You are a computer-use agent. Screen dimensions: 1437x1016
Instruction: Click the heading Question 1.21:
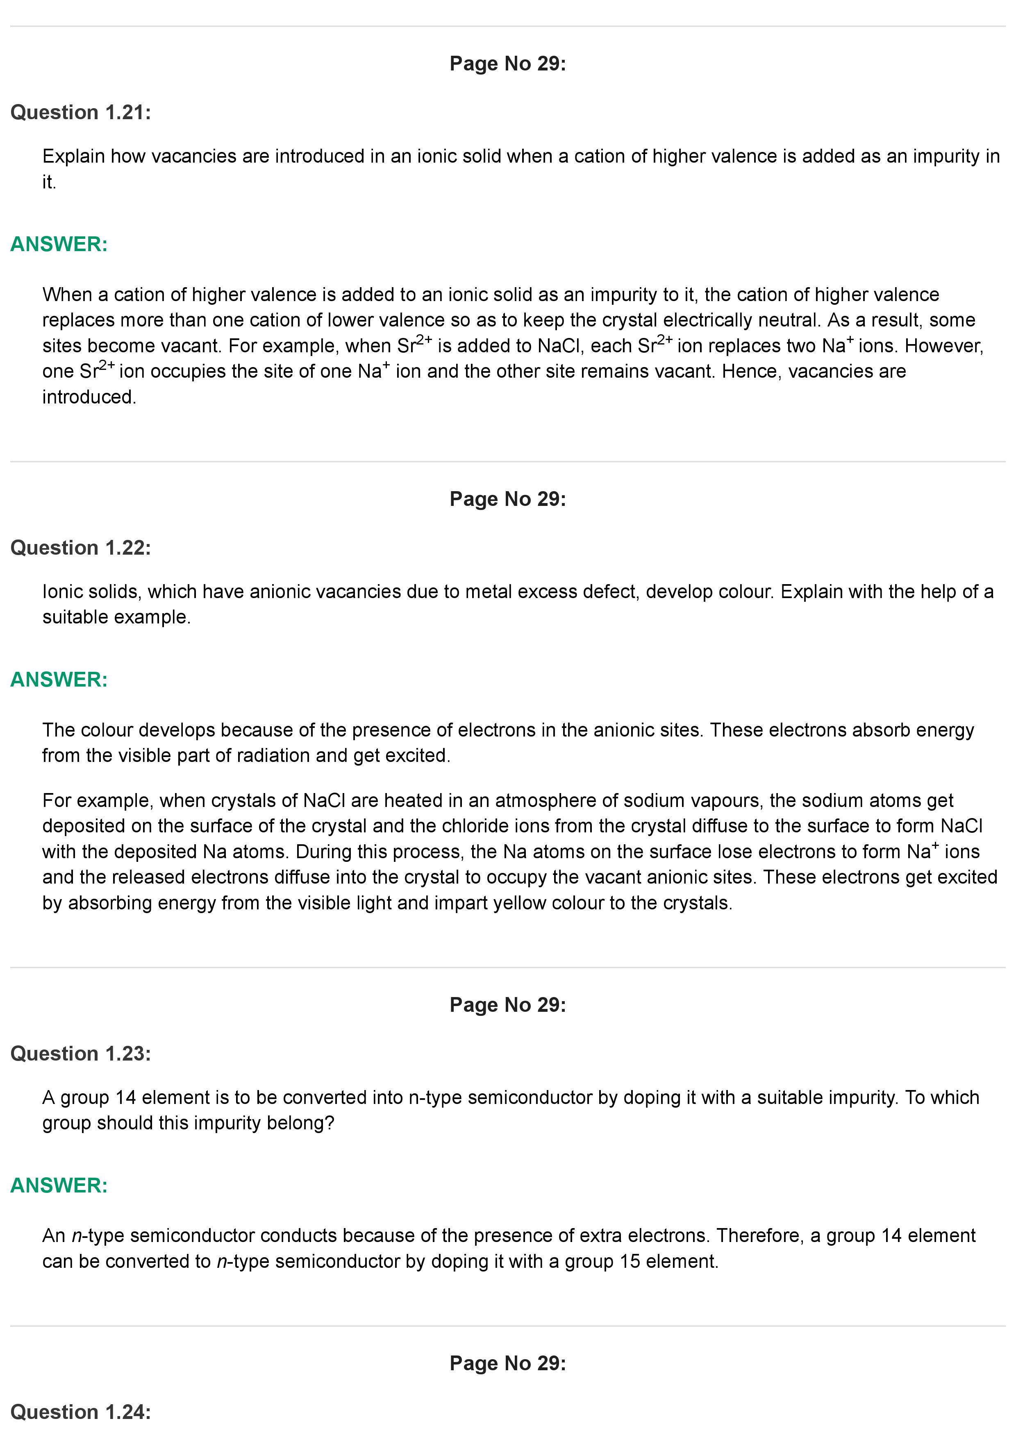[x=81, y=113]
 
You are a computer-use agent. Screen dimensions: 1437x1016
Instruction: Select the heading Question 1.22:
[x=81, y=548]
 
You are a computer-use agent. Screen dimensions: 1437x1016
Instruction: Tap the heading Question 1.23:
[x=81, y=1054]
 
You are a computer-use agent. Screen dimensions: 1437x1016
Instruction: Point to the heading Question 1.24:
[x=81, y=1412]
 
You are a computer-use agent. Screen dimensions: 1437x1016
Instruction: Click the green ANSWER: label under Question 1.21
[x=59, y=244]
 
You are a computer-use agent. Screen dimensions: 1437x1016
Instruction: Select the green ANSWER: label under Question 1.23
[x=59, y=1185]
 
